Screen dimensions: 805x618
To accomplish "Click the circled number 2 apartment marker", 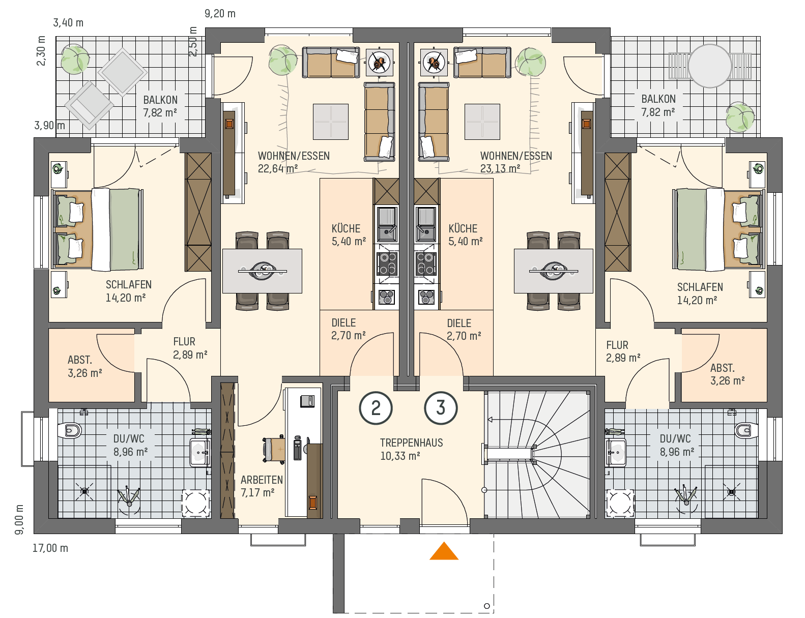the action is [x=376, y=408].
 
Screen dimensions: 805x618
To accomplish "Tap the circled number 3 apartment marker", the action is [x=441, y=408].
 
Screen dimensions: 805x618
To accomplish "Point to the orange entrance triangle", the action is [x=444, y=551].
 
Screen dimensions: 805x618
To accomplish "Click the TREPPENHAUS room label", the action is [x=411, y=443].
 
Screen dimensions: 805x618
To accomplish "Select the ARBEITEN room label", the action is [x=262, y=480].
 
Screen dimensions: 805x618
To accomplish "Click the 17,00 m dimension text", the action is [x=50, y=548].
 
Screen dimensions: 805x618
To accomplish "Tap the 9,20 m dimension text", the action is [x=220, y=14].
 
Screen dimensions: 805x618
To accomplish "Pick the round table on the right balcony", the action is [x=710, y=66].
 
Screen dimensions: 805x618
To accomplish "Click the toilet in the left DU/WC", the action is [x=70, y=430].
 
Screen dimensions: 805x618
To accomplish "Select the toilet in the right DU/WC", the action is [x=746, y=430].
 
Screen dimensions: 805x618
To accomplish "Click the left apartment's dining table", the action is [x=262, y=271].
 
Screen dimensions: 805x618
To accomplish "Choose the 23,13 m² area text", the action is [x=500, y=168].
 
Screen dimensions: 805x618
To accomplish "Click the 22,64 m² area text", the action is [x=278, y=168].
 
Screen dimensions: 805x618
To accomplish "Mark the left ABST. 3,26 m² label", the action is [x=85, y=366].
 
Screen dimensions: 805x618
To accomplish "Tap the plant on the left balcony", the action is [x=75, y=59].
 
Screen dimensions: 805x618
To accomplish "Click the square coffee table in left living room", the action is [x=330, y=122].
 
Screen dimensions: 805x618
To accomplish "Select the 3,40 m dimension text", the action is [x=68, y=23].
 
